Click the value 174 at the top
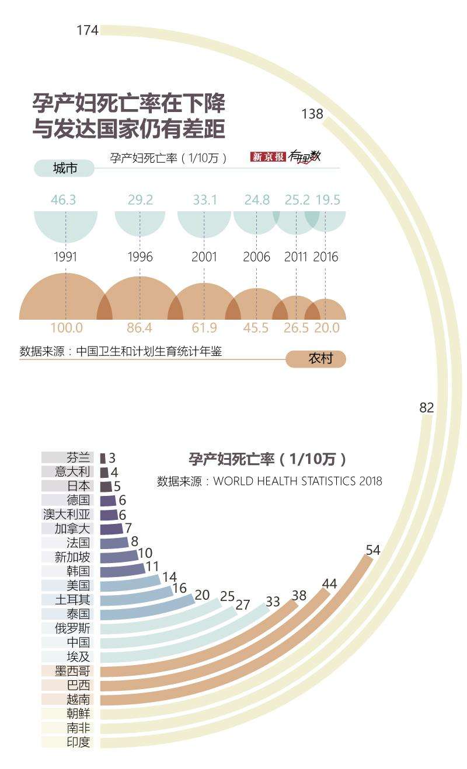tap(88, 30)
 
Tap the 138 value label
tap(312, 114)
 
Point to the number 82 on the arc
tap(427, 408)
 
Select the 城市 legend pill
tap(64, 169)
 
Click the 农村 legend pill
tap(316, 359)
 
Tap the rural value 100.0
tap(66, 328)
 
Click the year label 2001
tap(204, 257)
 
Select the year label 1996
tap(140, 257)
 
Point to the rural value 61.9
tap(204, 328)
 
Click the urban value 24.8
tap(257, 200)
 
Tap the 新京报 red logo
tap(268, 156)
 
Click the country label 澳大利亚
tap(67, 514)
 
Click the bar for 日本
tap(106, 486)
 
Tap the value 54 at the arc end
tap(373, 550)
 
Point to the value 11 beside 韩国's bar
tap(152, 565)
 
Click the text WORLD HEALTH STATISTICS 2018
tap(298, 481)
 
